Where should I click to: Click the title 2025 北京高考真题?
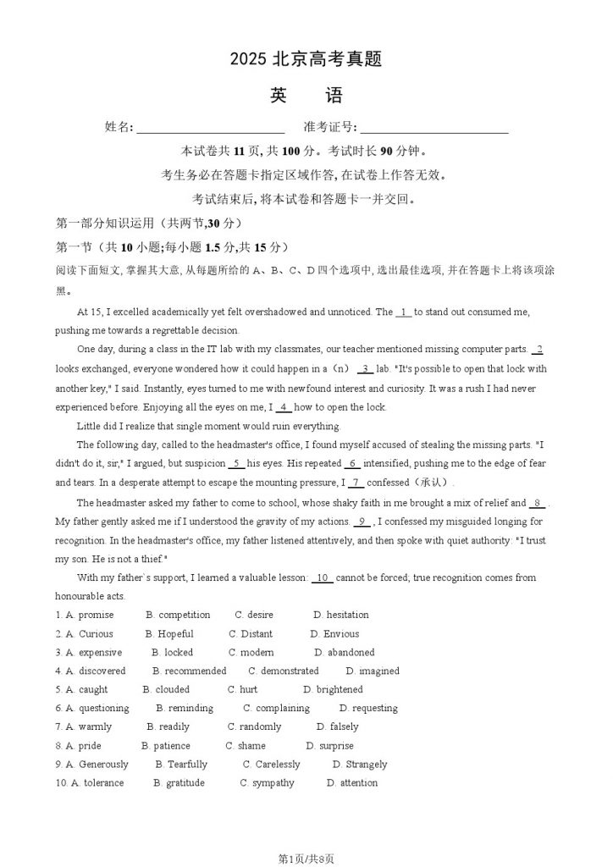(x=306, y=59)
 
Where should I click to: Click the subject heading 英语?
(x=306, y=96)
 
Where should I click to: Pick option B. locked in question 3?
(x=173, y=653)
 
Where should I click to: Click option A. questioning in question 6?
(x=97, y=709)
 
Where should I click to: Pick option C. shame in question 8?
(x=246, y=746)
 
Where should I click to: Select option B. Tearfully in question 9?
(x=181, y=765)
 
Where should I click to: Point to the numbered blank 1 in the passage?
(x=404, y=312)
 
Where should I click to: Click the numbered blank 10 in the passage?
(x=323, y=578)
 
